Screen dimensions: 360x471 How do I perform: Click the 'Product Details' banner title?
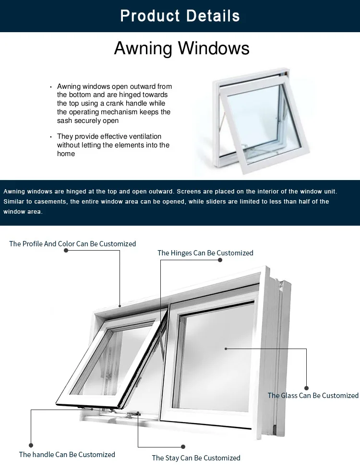tap(180, 16)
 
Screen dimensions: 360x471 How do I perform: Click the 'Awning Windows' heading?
tap(181, 48)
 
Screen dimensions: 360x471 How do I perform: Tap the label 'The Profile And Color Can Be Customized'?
tap(72, 244)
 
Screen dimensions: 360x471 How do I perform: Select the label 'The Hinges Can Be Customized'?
tap(205, 253)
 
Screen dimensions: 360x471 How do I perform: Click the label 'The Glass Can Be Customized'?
tap(313, 396)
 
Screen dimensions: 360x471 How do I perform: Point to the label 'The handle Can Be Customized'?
tap(67, 454)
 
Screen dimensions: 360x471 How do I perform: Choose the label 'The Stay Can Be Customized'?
tap(196, 458)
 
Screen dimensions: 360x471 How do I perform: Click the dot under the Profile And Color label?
tap(66, 251)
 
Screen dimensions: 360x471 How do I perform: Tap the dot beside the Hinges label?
tap(220, 260)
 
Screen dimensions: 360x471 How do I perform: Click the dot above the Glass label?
tap(307, 388)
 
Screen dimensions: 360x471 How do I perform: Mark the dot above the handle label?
tap(31, 446)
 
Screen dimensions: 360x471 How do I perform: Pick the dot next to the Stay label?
tap(183, 447)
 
